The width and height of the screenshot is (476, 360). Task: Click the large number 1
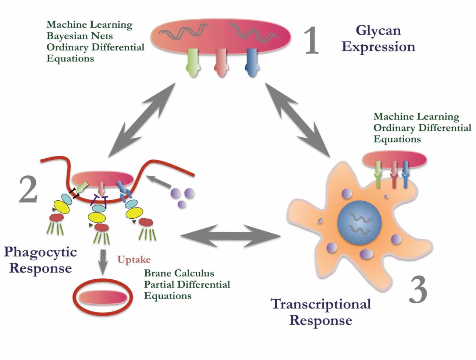pyautogui.click(x=311, y=41)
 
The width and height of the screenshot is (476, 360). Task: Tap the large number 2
pyautogui.click(x=28, y=190)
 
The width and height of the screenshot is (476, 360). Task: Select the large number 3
pyautogui.click(x=418, y=290)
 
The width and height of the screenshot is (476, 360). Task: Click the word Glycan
pyautogui.click(x=378, y=31)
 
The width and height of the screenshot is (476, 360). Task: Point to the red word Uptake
pyautogui.click(x=134, y=260)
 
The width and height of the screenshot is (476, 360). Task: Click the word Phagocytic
pyautogui.click(x=40, y=252)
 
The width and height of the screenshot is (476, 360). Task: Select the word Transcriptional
pyautogui.click(x=321, y=304)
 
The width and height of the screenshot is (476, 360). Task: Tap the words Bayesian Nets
pyautogui.click(x=79, y=36)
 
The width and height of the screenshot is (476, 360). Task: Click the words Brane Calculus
pyautogui.click(x=179, y=273)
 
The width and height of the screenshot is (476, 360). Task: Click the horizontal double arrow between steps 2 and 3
pyautogui.click(x=230, y=236)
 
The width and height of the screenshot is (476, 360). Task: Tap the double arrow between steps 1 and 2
pyautogui.click(x=142, y=120)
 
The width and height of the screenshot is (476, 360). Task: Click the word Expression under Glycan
pyautogui.click(x=378, y=47)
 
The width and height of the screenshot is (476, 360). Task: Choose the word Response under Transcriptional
pyautogui.click(x=321, y=320)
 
